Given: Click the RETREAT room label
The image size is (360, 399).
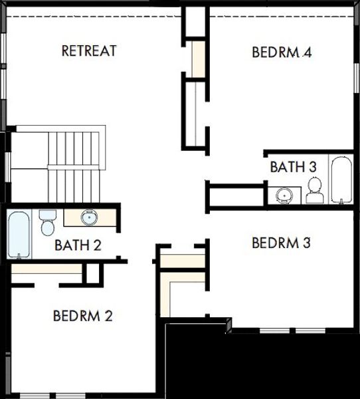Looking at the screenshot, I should coord(89,51).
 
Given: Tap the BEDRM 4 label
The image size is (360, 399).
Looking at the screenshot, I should coord(282,52).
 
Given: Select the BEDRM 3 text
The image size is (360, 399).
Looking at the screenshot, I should coord(281,243).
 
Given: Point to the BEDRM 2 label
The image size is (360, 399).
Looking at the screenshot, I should coord(82,315).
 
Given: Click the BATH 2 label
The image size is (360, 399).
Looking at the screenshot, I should coord(78,245).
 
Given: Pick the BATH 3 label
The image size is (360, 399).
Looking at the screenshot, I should coord(293,166).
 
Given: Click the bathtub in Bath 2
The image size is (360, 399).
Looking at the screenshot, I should coord(19,235).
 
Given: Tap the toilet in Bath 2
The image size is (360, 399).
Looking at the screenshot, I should coord(46,223).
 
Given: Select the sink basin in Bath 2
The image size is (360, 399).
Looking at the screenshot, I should coord(88,217).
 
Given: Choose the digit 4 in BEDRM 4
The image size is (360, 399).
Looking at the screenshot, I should coord(307,52).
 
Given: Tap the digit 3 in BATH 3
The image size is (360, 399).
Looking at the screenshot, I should coord(312,166).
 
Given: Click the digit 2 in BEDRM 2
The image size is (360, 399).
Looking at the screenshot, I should coord(108,315).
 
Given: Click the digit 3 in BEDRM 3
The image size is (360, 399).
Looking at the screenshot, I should coord(306,243).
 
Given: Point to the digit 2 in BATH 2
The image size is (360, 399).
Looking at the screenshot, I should coord(97,245).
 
